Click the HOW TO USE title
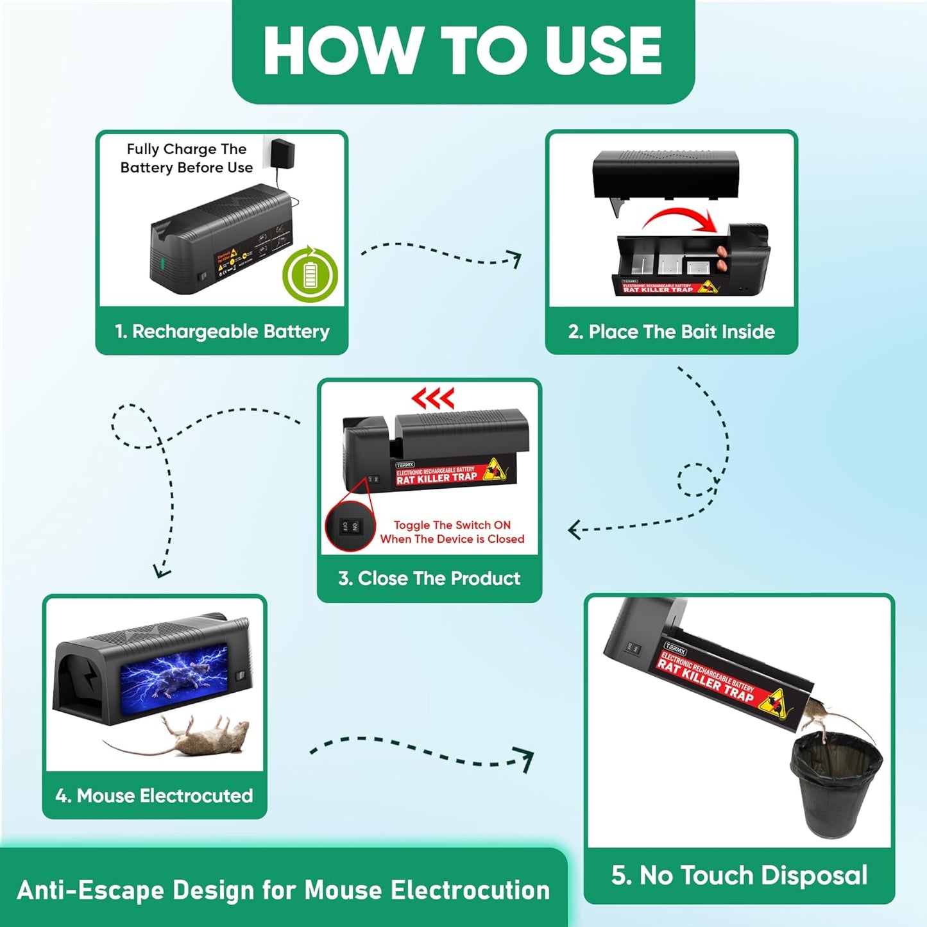click(x=463, y=51)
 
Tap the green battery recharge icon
click(x=310, y=275)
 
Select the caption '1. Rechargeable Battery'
click(x=222, y=331)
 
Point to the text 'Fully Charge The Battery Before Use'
click(x=187, y=158)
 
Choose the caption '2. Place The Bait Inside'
click(x=671, y=332)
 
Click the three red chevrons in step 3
click(x=433, y=398)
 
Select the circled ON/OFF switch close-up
click(x=350, y=527)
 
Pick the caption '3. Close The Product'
click(x=429, y=578)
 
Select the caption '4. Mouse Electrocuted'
click(x=154, y=795)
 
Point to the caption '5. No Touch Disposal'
click(x=739, y=875)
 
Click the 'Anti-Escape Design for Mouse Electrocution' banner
click(x=283, y=890)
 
